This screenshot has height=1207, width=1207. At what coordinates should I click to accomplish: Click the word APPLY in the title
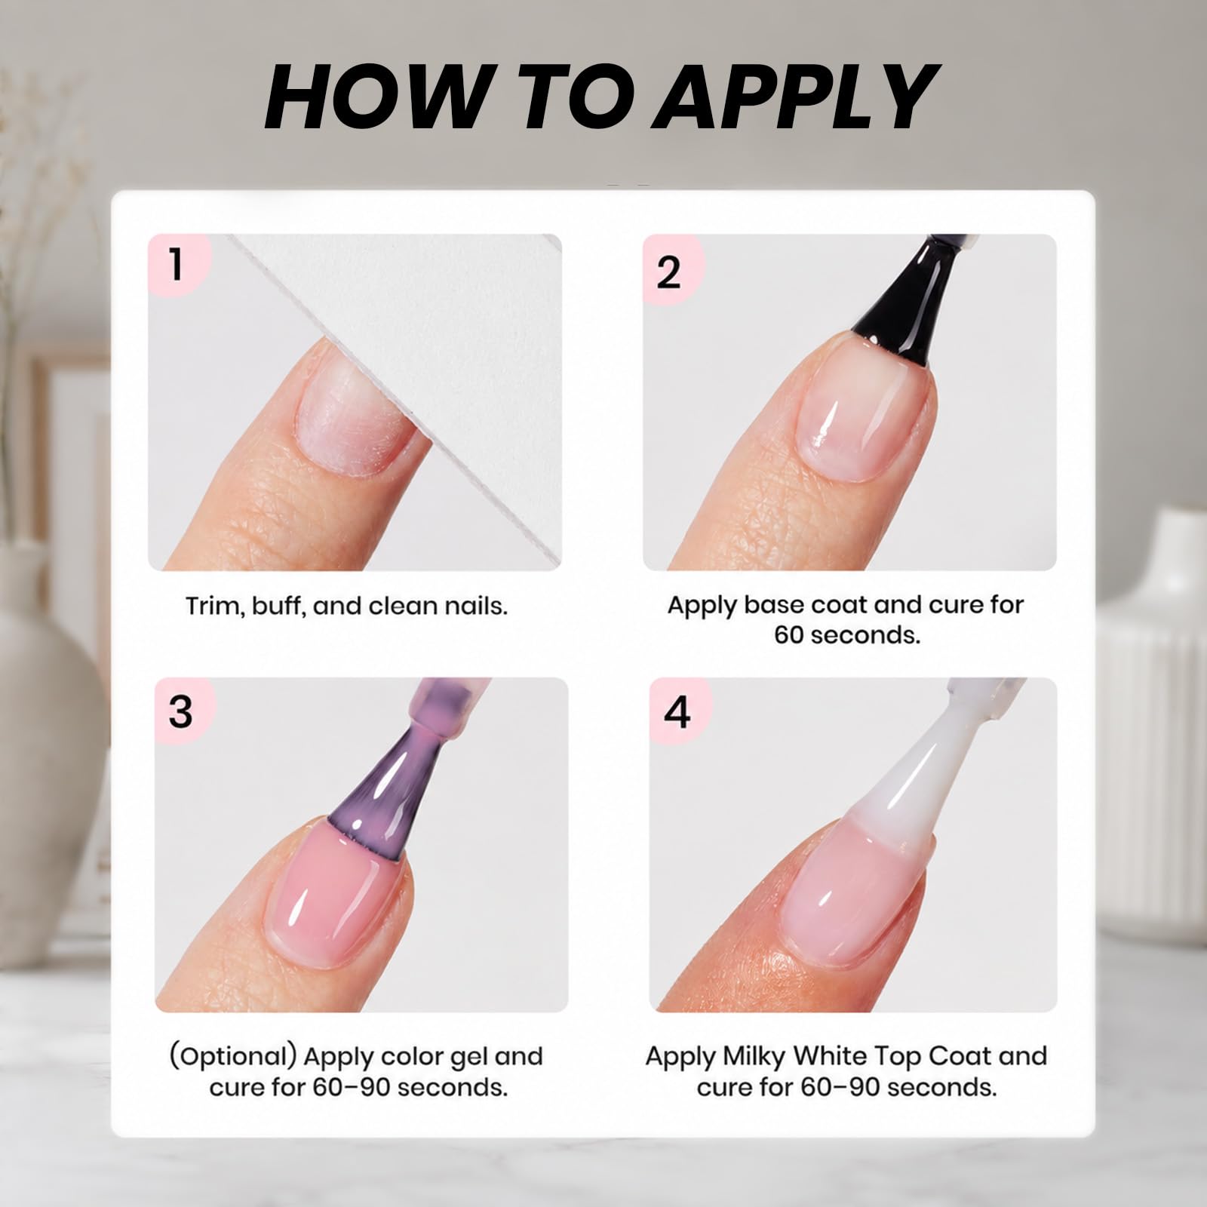[x=795, y=97]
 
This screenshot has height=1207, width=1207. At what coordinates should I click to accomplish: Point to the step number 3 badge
[x=181, y=710]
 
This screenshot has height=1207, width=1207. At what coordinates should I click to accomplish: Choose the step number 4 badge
[x=677, y=711]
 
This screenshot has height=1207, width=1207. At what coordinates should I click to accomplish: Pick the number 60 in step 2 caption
[x=792, y=635]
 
